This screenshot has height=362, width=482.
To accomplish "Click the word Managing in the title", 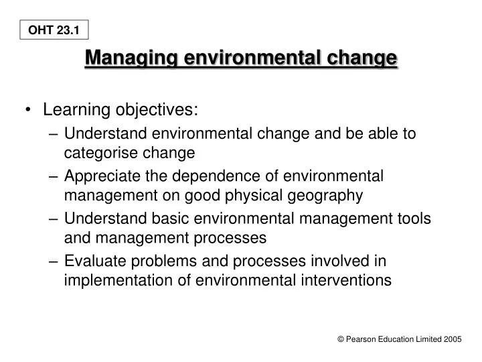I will click(128, 58).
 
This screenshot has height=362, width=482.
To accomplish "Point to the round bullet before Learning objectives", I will click(29, 109).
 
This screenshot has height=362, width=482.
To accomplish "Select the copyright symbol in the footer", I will click(341, 341).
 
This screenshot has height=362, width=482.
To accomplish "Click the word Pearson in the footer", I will click(361, 341).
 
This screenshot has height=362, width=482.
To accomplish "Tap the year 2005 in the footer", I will click(451, 341).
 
